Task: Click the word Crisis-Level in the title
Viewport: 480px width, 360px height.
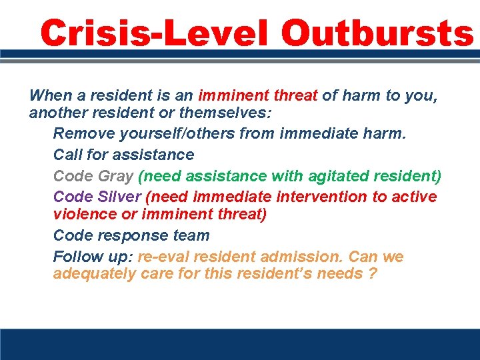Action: click(x=155, y=32)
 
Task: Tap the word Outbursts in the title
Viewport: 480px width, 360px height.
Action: click(x=377, y=32)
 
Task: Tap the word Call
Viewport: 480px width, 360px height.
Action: click(x=67, y=155)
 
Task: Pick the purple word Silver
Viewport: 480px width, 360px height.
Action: click(x=119, y=197)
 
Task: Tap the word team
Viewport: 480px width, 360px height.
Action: click(x=191, y=235)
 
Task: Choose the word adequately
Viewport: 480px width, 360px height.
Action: click(x=94, y=275)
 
